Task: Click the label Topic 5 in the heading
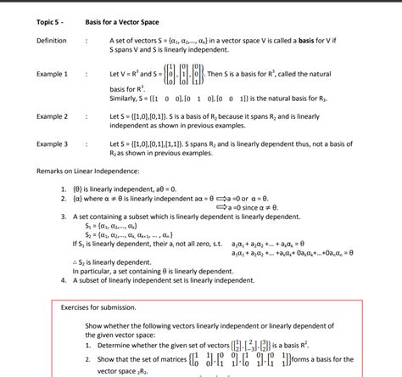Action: click(x=49, y=20)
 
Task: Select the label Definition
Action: click(x=51, y=41)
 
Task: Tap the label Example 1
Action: click(x=52, y=75)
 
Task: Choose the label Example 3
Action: click(x=52, y=144)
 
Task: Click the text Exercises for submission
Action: click(x=98, y=307)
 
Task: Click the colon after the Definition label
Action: click(x=87, y=41)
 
